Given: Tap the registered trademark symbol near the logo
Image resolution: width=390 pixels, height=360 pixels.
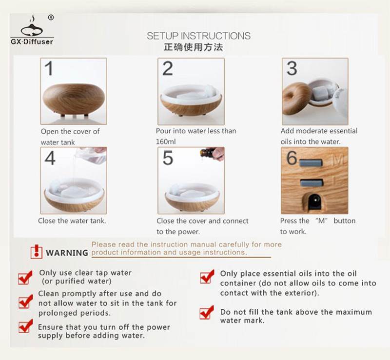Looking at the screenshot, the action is (51, 18).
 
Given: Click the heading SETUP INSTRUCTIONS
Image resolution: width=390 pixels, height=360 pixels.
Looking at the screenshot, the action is (198, 36).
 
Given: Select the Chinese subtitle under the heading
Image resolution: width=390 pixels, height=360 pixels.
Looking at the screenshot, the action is (193, 47).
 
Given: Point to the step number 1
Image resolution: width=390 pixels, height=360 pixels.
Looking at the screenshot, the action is (49, 68).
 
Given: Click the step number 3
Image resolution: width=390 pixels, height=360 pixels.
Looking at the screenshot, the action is (292, 68).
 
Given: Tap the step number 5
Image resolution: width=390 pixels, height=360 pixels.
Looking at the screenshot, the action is (168, 158).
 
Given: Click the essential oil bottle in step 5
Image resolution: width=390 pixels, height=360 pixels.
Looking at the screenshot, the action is (208, 153).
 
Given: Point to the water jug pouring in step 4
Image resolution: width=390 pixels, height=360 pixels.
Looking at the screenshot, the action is (91, 155).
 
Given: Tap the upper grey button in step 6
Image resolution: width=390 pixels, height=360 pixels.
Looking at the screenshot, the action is (311, 163).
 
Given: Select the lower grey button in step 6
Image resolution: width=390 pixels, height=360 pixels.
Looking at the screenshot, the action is (312, 182).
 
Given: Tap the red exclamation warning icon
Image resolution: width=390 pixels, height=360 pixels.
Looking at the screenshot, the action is (36, 251).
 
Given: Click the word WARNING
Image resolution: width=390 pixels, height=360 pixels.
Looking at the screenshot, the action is (67, 253).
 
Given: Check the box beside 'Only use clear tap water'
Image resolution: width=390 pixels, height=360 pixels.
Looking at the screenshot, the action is (25, 278).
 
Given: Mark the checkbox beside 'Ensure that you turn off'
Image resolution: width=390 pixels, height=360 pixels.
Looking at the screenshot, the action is (25, 326).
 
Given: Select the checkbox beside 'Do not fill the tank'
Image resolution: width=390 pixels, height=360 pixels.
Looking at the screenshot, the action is (207, 313).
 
